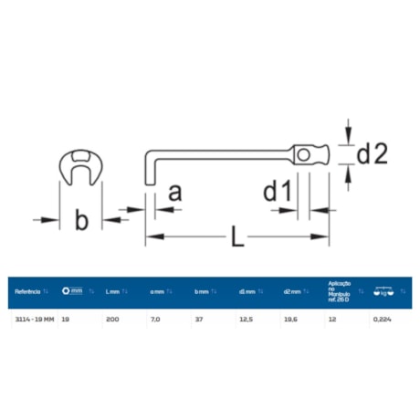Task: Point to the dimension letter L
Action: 236,238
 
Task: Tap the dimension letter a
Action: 176,193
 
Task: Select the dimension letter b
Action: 81,219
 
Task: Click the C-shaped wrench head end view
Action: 81,169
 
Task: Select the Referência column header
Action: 28,292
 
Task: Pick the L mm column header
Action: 113,292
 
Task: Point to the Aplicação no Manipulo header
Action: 340,291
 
